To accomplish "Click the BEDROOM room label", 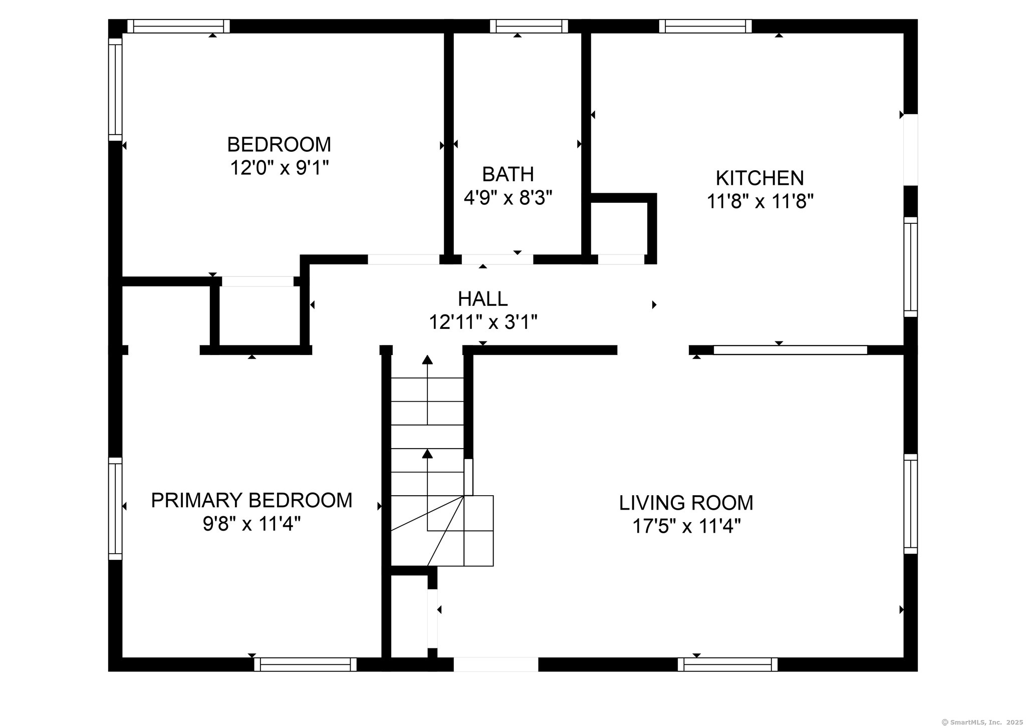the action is (x=279, y=145).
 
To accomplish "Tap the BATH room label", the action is (x=508, y=174).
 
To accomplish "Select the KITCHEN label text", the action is (x=760, y=178).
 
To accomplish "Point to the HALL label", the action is (x=483, y=299).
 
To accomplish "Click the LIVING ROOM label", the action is (x=686, y=503).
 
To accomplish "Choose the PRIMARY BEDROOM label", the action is (x=252, y=500).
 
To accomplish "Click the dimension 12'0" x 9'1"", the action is (x=279, y=168).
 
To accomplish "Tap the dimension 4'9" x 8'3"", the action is (x=508, y=198).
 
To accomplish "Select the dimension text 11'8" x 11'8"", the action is (x=760, y=201).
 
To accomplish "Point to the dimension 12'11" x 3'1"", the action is (x=483, y=322).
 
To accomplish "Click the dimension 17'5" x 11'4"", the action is (x=686, y=526).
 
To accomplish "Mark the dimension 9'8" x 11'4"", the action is (x=252, y=524).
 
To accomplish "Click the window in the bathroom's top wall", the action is (x=529, y=26).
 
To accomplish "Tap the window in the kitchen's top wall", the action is (x=705, y=26).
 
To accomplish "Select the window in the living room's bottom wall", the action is (x=728, y=664).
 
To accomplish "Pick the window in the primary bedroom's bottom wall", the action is (x=306, y=664).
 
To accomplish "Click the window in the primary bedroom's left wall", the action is (x=115, y=508).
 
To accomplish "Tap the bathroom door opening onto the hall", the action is (x=497, y=259).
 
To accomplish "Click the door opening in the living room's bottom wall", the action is (x=496, y=664).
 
